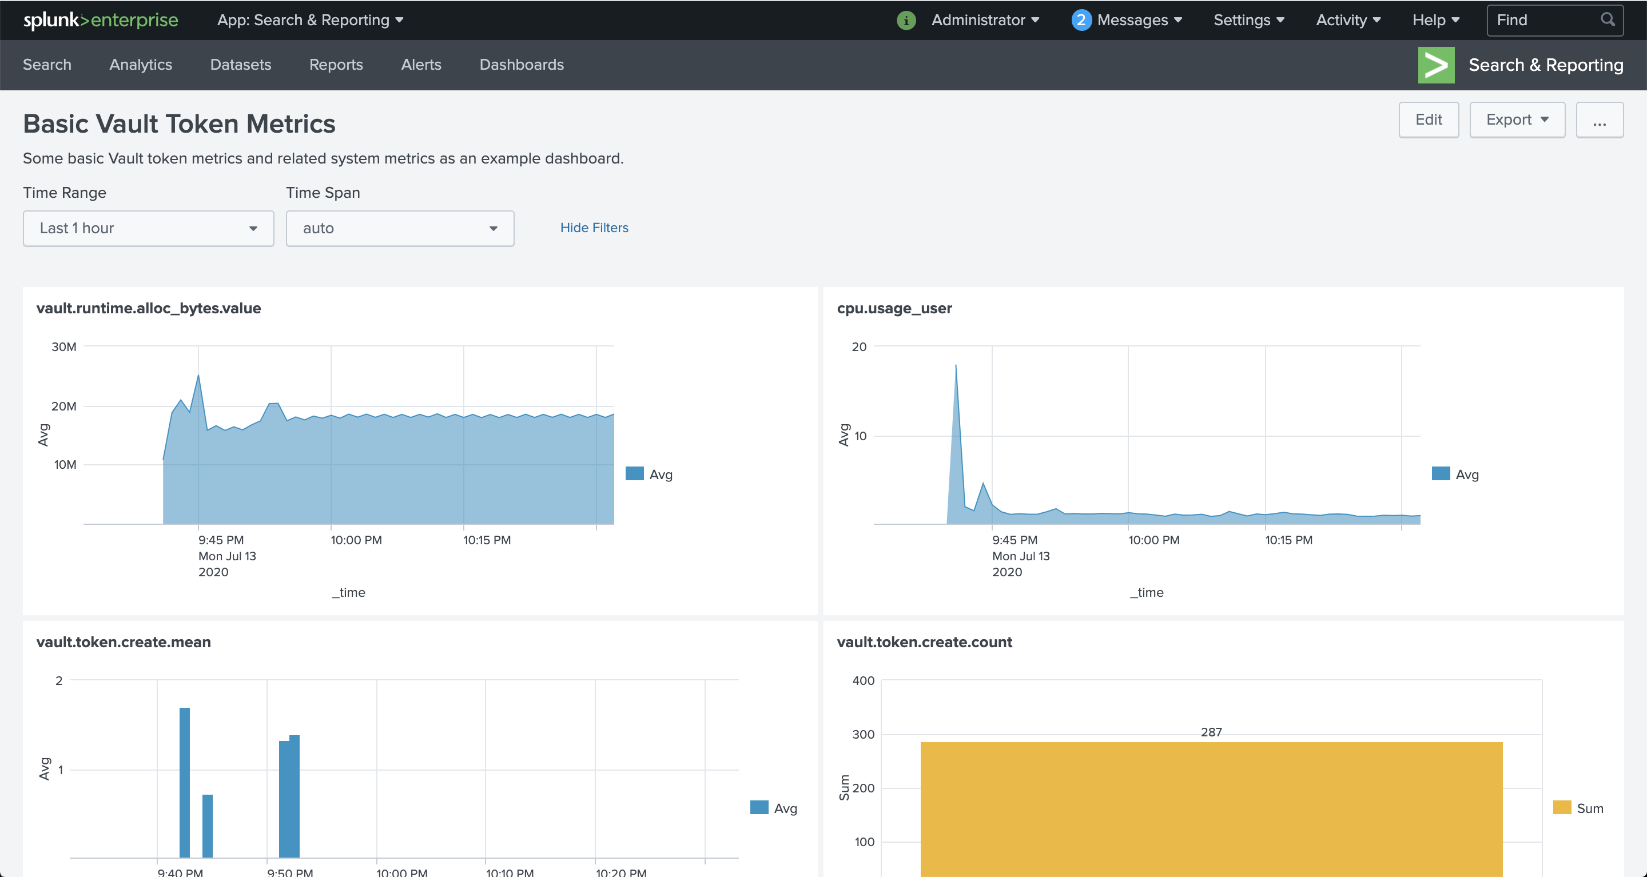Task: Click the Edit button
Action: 1428,120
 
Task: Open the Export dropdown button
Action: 1516,120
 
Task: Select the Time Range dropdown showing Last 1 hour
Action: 148,228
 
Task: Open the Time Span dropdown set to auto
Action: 400,228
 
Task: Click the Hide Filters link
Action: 594,228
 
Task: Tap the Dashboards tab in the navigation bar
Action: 521,65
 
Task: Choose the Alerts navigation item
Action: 421,65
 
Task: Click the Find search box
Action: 1547,21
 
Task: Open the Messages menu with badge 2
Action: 1127,21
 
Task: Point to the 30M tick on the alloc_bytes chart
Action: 63,346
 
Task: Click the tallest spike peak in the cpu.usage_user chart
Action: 956,366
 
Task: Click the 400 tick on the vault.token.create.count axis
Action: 863,681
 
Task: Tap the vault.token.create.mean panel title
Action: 124,642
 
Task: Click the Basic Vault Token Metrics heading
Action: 179,124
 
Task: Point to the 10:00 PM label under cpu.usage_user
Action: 1153,540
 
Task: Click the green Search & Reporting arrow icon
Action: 1435,65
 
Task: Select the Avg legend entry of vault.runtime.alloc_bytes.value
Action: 650,475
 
